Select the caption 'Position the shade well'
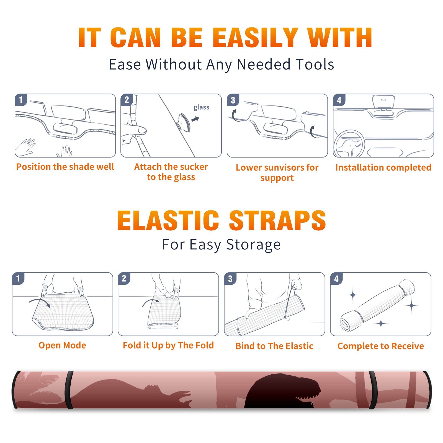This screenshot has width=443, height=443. [65, 167]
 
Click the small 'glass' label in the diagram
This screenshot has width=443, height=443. [201, 107]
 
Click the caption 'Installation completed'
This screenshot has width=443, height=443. [383, 167]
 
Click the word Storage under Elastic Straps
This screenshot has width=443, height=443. [253, 245]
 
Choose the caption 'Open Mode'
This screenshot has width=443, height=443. [62, 345]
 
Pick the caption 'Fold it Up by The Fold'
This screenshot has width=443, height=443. [168, 345]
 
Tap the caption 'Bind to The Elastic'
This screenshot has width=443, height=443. [274, 346]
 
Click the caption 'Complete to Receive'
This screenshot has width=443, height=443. [381, 346]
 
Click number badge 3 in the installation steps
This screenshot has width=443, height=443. [233, 100]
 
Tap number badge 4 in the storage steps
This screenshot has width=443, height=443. [336, 279]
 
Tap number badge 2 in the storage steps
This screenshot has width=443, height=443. [124, 279]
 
